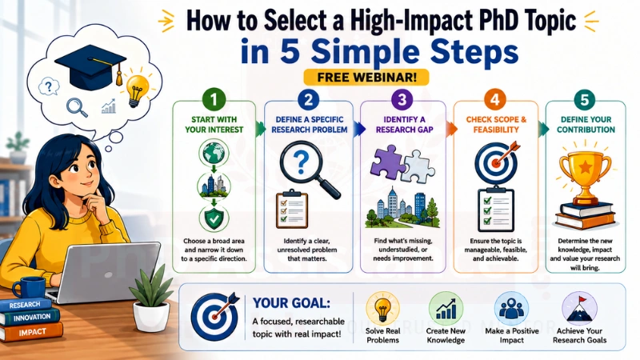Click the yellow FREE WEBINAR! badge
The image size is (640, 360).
366,78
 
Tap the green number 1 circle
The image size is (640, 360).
214,99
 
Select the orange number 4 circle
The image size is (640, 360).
495,99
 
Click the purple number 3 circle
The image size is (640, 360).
402,99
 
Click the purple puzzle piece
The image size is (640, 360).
386,162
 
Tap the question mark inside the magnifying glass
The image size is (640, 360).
302,162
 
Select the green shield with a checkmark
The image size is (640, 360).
214,218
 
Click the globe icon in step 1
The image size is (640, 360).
214,153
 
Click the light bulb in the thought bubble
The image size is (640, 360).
136,90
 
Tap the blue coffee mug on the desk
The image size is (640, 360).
30,287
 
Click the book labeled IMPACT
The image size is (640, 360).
32,332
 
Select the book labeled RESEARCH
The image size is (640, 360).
26,305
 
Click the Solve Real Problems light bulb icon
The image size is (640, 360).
382,308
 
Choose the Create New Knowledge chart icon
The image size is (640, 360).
446,309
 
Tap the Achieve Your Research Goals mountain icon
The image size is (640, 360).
579,309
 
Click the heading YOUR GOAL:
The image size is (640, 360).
291,303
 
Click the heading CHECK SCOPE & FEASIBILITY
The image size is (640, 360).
496,125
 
